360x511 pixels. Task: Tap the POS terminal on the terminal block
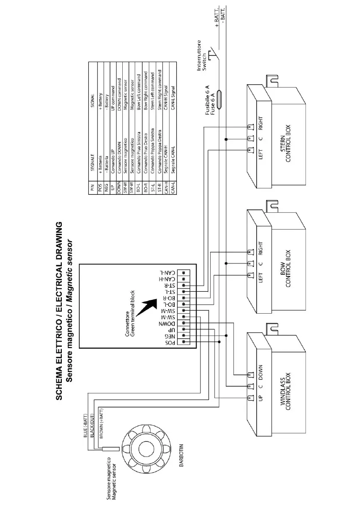[184, 342]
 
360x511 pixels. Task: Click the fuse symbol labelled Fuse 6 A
[219, 100]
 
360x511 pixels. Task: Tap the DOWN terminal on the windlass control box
[249, 374]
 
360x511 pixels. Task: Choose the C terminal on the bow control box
[249, 263]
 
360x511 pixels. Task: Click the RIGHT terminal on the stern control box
[249, 127]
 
